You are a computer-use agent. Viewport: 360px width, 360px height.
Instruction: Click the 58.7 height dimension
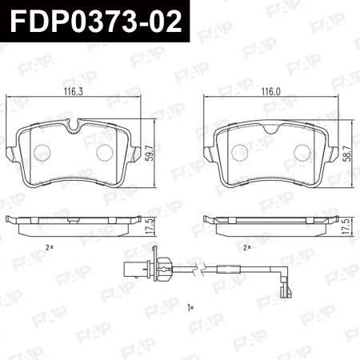(x=346, y=151)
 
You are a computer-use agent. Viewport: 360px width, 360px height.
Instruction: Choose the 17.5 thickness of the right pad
(x=346, y=226)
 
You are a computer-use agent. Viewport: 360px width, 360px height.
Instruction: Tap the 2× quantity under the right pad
(x=248, y=247)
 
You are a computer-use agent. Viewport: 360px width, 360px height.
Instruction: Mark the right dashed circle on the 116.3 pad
(x=106, y=154)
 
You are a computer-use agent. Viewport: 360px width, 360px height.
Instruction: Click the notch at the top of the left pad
(x=74, y=125)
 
